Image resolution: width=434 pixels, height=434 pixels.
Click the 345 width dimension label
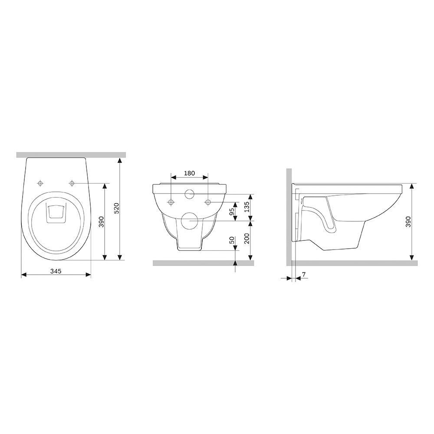tap(55, 271)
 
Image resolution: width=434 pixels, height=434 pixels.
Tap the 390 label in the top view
tap(101, 221)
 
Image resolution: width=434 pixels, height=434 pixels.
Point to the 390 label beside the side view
tap(408, 221)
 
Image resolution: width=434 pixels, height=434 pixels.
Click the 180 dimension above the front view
tap(189, 173)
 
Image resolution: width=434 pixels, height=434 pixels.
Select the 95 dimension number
tap(232, 211)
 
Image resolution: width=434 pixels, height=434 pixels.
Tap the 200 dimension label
tap(247, 238)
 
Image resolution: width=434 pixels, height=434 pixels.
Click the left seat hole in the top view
tap(40, 183)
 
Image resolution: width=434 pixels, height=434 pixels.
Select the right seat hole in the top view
tap(72, 183)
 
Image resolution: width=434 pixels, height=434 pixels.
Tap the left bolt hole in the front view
tap(171, 202)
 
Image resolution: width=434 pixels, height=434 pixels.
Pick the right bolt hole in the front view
tap(208, 202)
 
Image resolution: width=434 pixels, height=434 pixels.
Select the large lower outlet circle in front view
tap(189, 221)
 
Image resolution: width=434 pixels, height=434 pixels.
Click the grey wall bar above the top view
tap(71, 155)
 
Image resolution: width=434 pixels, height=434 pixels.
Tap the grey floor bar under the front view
tap(203, 263)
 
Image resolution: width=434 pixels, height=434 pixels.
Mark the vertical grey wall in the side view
tap(289, 217)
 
